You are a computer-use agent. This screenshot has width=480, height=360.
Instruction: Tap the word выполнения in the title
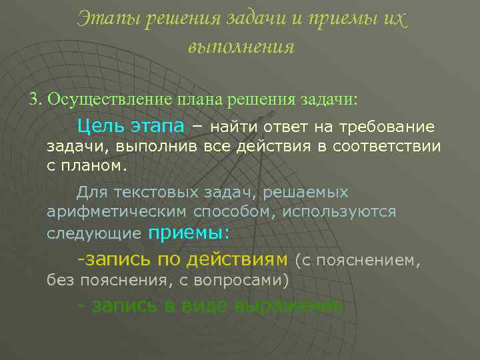(x=241, y=47)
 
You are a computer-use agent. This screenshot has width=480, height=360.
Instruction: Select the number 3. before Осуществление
(x=35, y=99)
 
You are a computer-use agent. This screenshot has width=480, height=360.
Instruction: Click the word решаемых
(x=305, y=193)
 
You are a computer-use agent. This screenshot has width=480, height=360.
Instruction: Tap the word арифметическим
(x=117, y=212)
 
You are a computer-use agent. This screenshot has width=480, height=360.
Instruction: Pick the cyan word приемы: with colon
(x=188, y=233)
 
